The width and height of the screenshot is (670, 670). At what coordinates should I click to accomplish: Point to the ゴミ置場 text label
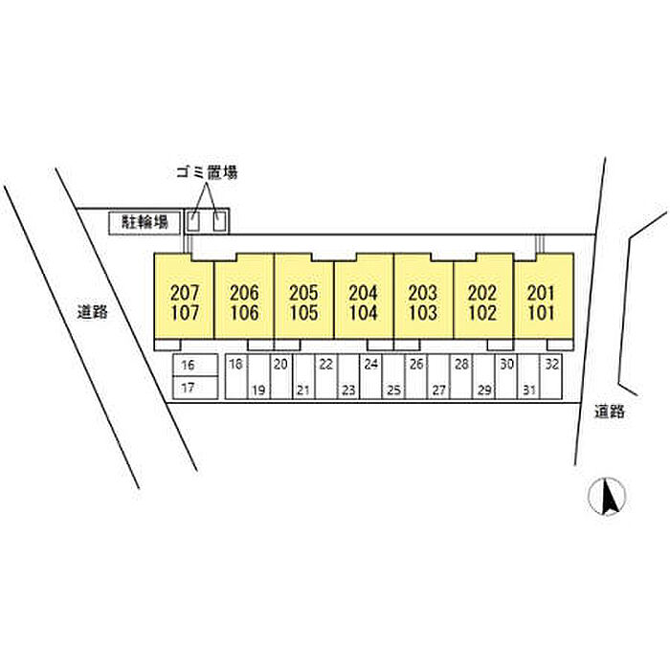[x=206, y=172]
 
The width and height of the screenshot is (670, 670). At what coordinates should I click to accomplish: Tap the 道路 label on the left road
[x=93, y=311]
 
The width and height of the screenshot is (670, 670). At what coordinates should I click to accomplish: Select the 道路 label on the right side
[x=609, y=412]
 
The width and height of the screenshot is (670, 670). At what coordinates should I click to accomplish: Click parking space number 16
[x=187, y=365]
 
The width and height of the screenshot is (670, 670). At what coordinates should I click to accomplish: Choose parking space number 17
[x=187, y=389]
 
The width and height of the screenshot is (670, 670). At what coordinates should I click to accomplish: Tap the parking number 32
[x=552, y=365]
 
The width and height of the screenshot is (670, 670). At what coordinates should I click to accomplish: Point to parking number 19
[x=257, y=390]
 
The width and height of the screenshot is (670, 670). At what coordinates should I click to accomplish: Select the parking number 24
[x=371, y=365]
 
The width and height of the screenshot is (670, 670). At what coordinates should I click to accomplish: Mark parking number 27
[x=439, y=390]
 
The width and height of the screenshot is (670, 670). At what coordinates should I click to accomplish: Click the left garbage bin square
[x=194, y=222]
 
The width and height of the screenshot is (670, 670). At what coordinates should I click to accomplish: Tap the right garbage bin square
[x=221, y=222]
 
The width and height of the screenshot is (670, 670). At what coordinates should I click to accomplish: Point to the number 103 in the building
[x=423, y=312]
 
